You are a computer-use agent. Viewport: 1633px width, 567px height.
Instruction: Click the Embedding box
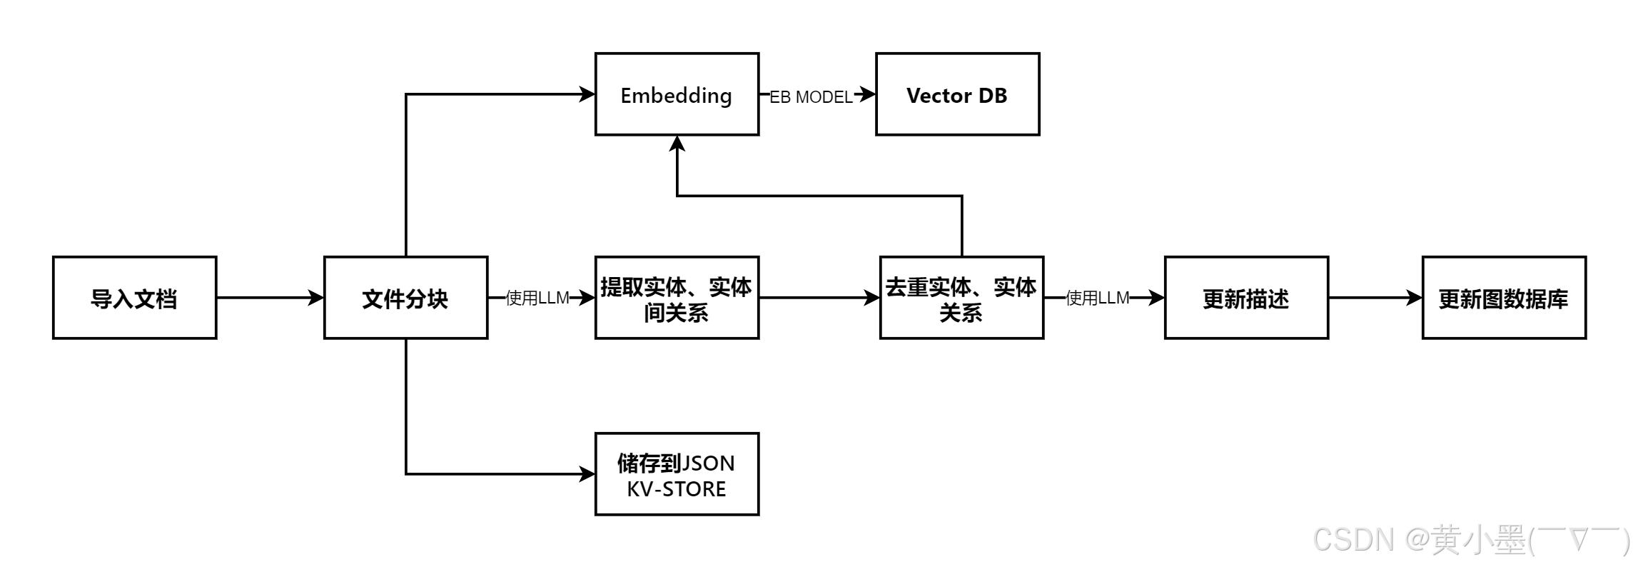tap(677, 94)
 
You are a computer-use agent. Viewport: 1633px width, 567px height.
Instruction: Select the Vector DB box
tap(957, 94)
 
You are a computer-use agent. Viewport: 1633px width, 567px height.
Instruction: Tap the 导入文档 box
tap(134, 298)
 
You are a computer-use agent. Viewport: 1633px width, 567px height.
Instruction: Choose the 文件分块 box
tap(405, 298)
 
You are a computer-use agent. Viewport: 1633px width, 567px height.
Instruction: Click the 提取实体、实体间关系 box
tap(677, 298)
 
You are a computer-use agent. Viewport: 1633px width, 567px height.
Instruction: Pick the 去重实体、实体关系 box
tap(961, 298)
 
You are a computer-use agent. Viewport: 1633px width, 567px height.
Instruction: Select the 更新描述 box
tap(1246, 298)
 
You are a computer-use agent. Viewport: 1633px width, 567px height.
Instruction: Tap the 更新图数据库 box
tap(1504, 298)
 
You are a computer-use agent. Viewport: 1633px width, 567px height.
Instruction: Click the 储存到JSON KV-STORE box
tap(677, 474)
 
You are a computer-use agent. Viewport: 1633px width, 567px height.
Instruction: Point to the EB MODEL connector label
tap(812, 97)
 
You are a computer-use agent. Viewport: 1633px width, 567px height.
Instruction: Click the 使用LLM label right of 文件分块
tap(537, 298)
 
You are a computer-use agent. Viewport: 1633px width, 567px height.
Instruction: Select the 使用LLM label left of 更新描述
tap(1097, 298)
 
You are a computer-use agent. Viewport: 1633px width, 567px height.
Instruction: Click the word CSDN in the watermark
tap(1352, 539)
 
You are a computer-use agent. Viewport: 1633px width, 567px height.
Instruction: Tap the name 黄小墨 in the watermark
tap(1477, 539)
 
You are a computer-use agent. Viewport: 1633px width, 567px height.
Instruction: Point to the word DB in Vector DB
tap(992, 96)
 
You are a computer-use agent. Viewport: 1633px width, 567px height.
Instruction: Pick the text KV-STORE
tap(677, 489)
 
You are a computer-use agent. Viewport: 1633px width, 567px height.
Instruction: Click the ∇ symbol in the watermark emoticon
tap(1577, 539)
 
